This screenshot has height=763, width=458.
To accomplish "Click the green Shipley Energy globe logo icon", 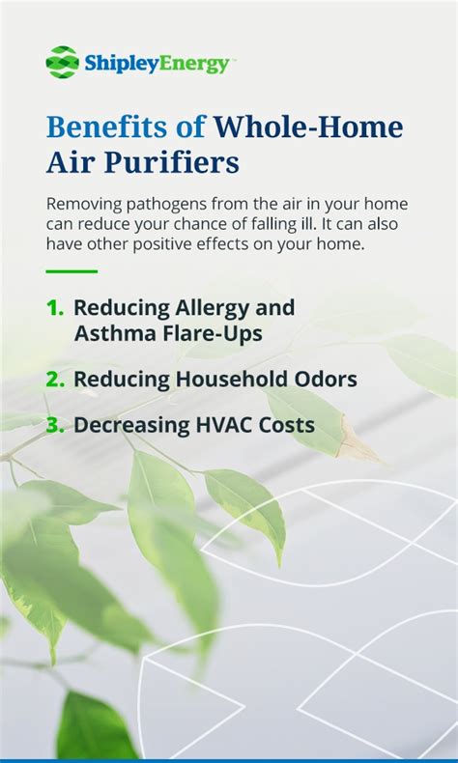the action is tap(62, 62).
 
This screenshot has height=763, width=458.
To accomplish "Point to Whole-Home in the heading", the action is tap(308, 127).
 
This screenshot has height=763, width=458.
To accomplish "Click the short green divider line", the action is tap(72, 271).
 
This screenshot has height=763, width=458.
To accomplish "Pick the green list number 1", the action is tap(54, 308).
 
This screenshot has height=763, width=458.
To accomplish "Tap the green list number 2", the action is tap(55, 380).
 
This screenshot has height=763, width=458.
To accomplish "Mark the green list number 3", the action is tap(55, 425).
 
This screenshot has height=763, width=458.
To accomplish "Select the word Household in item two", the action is tap(237, 380).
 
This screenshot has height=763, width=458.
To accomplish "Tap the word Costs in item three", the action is tap(287, 425).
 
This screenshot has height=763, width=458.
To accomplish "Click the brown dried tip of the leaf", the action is tap(358, 439).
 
